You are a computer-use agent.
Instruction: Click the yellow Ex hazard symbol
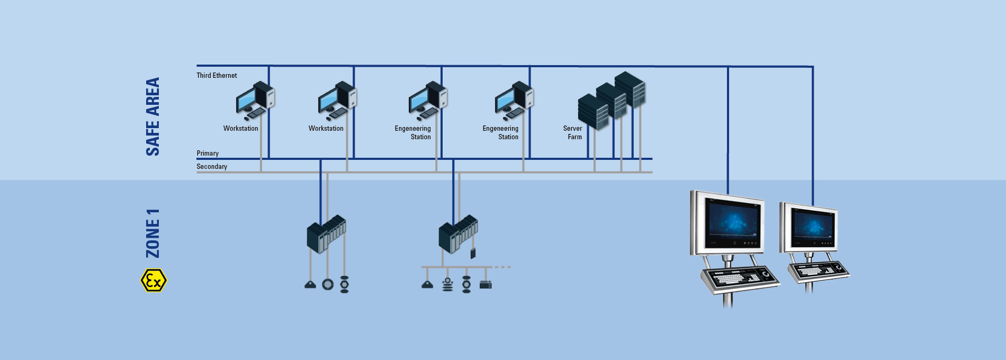pos(154,281)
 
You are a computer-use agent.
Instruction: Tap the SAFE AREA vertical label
pos(152,116)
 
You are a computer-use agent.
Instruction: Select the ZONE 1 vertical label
pos(152,233)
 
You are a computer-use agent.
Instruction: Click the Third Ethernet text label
pos(217,76)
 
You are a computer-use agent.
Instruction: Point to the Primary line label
pos(208,154)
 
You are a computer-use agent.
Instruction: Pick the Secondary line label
pos(212,167)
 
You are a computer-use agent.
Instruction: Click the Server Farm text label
pos(573,132)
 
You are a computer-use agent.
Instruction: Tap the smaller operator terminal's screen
pos(811,228)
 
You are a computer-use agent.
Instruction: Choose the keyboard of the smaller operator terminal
pos(818,271)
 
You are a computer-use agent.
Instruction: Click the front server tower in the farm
pos(592,112)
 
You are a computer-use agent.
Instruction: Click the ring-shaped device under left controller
pos(328,285)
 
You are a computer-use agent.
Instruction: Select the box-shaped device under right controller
pos(486,285)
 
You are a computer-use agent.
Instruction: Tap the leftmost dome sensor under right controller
pos(427,285)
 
